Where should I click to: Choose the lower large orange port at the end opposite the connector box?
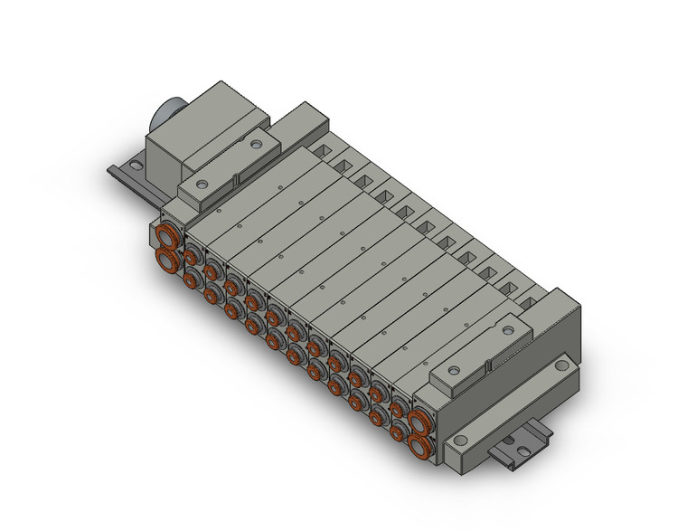[419, 443]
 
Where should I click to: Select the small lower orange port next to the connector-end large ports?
[192, 280]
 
